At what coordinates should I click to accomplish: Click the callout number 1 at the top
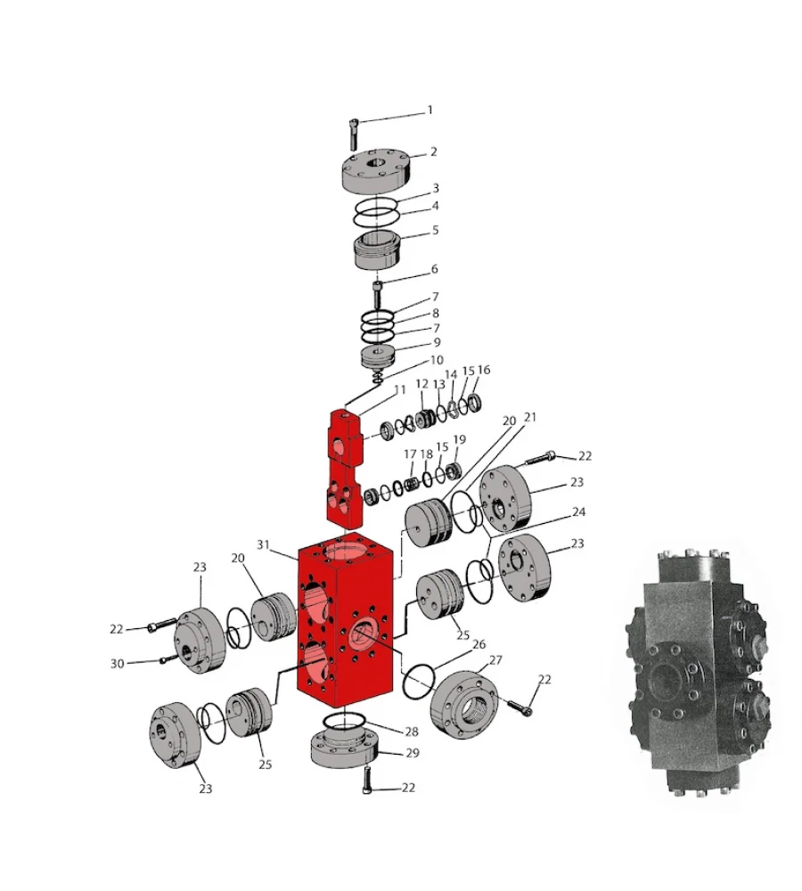pyautogui.click(x=430, y=110)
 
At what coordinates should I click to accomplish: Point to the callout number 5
pyautogui.click(x=435, y=230)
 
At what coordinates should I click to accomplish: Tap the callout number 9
pyautogui.click(x=436, y=342)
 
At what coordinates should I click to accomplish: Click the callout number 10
pyautogui.click(x=436, y=360)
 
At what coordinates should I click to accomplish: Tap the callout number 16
pyautogui.click(x=484, y=370)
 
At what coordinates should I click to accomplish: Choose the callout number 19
pyautogui.click(x=460, y=439)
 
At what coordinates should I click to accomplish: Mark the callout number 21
pyautogui.click(x=531, y=417)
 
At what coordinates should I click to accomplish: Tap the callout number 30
pyautogui.click(x=117, y=663)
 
